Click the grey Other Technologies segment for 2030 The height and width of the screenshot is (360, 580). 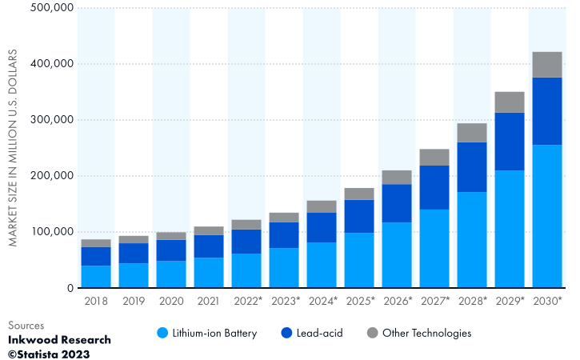pyautogui.click(x=547, y=65)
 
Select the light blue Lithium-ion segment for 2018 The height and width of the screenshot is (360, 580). pyautogui.click(x=96, y=277)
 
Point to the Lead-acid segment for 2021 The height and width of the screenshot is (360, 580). pyautogui.click(x=209, y=246)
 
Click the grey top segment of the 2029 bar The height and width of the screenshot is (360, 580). pyautogui.click(x=510, y=102)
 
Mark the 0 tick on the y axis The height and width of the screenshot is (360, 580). pyautogui.click(x=70, y=288)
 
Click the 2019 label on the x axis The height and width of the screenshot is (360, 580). pyautogui.click(x=134, y=301)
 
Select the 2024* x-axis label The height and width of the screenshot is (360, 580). pyautogui.click(x=322, y=301)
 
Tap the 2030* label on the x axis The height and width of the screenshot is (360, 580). pyautogui.click(x=547, y=301)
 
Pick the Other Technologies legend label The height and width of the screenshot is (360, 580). pyautogui.click(x=426, y=333)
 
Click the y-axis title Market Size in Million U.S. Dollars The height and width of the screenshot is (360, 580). pyautogui.click(x=14, y=148)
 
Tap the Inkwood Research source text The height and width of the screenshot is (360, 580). pyautogui.click(x=59, y=340)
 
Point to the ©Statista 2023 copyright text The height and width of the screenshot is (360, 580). pyautogui.click(x=49, y=354)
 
